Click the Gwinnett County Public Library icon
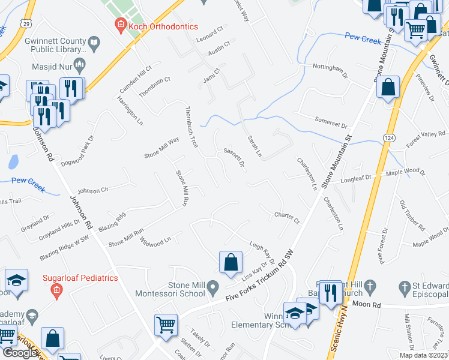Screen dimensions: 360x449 pyautogui.click(x=94, y=43)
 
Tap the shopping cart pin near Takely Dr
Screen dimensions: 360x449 pyautogui.click(x=166, y=326)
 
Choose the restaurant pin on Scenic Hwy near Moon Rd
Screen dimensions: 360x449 pyautogui.click(x=330, y=293)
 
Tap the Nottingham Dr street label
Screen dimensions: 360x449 pyautogui.click(x=330, y=70)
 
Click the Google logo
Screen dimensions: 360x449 pyautogui.click(x=20, y=353)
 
